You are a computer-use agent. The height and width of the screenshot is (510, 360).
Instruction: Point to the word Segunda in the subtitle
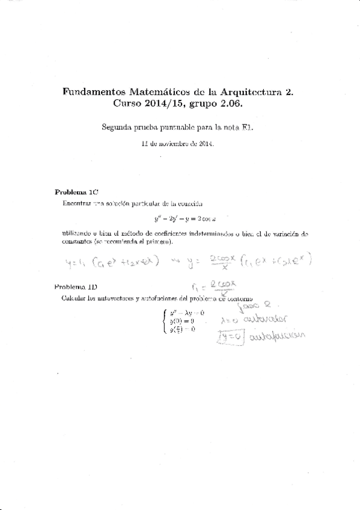coord(118,127)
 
